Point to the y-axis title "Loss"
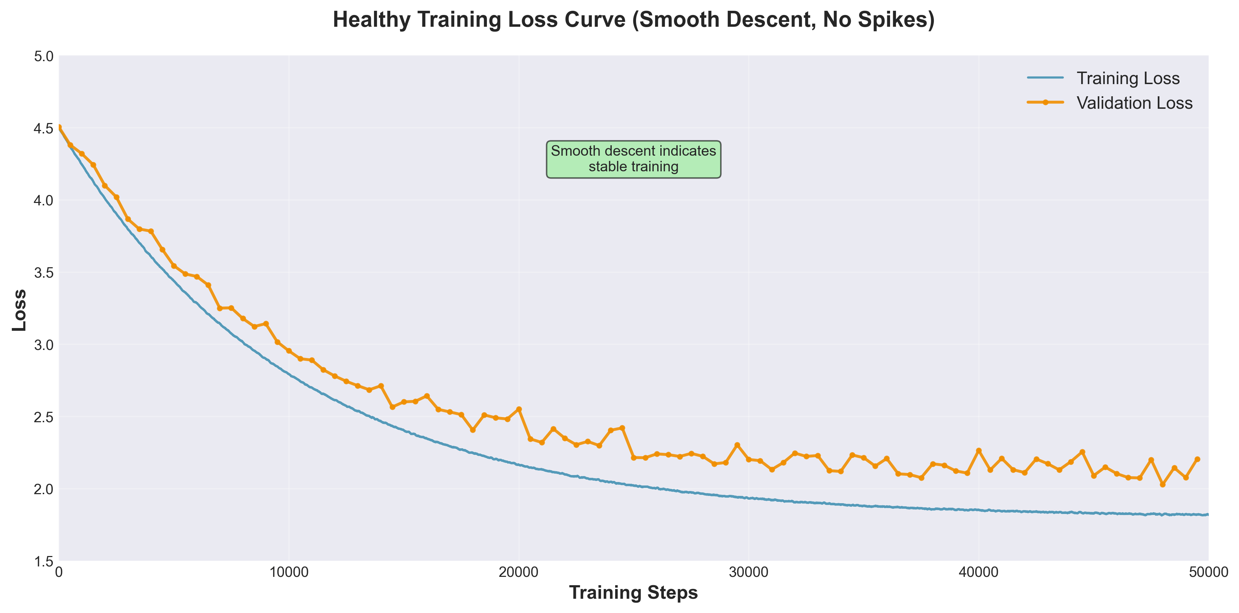point(19,310)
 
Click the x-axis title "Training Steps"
point(633,592)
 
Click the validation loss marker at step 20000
point(519,409)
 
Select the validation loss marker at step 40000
point(978,450)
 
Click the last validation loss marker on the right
point(1197,459)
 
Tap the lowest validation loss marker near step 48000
point(1163,484)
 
